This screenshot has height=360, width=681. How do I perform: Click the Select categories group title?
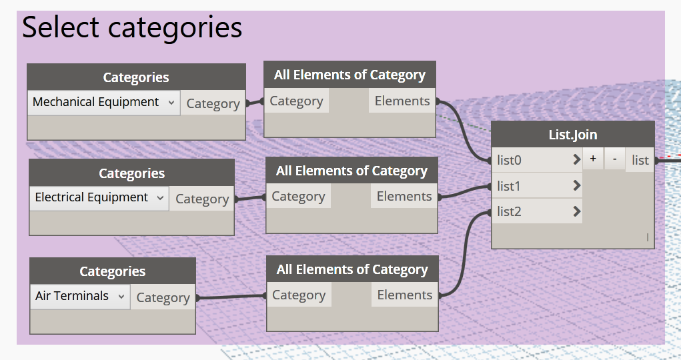(x=132, y=27)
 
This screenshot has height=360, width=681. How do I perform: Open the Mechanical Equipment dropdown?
(x=104, y=103)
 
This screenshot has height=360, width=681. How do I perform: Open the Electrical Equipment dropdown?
(x=99, y=198)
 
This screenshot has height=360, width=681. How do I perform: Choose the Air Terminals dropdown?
(x=80, y=297)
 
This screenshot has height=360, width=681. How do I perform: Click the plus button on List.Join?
(x=593, y=159)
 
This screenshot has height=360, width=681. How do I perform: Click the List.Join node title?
(x=573, y=135)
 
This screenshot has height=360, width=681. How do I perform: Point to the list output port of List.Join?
(x=640, y=160)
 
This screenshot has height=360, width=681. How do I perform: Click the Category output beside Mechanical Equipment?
(x=213, y=103)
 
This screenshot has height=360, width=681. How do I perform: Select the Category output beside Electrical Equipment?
(x=202, y=199)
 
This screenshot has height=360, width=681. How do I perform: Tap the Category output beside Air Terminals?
(x=163, y=297)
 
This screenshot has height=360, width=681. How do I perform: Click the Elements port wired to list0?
(x=402, y=101)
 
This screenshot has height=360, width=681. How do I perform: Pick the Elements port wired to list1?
(x=404, y=196)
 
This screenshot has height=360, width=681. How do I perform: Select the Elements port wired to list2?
(x=404, y=295)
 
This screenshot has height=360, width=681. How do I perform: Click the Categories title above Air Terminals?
(x=113, y=271)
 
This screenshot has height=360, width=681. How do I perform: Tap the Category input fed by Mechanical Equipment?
(x=297, y=101)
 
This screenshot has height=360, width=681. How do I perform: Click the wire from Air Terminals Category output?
(x=231, y=297)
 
